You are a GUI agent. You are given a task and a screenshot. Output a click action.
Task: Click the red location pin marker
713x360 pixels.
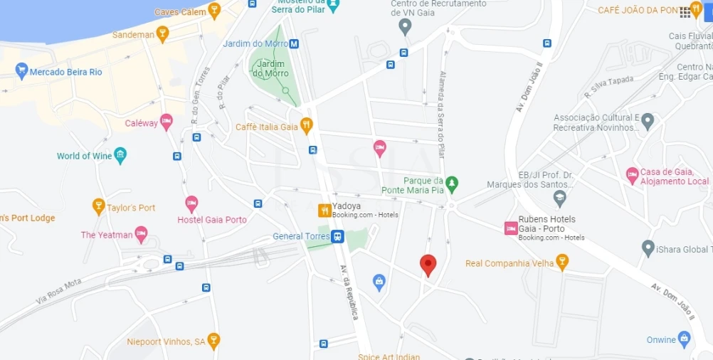tap(428, 264)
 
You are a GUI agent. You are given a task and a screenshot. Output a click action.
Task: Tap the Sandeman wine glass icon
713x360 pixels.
tap(162, 33)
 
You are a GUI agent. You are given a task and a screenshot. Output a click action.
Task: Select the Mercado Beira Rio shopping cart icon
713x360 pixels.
tap(21, 70)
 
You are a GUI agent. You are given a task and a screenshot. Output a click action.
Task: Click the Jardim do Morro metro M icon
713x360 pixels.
tap(294, 43)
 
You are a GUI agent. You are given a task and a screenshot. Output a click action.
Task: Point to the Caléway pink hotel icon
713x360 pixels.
tap(167, 122)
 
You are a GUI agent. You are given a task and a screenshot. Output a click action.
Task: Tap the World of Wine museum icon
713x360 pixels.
tap(120, 155)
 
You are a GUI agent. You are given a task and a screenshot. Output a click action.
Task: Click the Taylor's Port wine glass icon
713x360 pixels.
tap(99, 207)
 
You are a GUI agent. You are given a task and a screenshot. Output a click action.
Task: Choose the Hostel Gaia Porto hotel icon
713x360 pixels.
tap(191, 204)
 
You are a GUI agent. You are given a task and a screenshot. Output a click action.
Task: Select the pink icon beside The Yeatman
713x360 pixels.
tap(142, 234)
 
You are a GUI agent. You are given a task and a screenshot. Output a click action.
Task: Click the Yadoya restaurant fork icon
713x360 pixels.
tap(324, 210)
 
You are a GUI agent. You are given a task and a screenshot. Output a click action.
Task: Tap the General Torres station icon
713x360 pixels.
tap(338, 236)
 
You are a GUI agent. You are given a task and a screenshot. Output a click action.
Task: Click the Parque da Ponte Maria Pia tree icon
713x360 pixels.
tap(451, 184)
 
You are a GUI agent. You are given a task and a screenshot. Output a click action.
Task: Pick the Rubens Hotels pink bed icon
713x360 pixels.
tap(510, 228)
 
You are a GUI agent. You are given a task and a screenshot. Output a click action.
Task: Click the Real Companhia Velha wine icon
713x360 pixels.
tap(562, 263)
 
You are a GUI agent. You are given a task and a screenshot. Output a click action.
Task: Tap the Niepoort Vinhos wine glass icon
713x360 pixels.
tap(213, 341)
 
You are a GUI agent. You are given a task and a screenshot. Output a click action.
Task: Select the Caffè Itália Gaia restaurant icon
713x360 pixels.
tap(307, 126)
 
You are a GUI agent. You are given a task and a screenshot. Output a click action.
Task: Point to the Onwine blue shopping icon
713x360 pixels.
tap(685, 339)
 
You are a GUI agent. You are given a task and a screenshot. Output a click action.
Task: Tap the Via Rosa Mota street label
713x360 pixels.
tap(59, 292)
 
